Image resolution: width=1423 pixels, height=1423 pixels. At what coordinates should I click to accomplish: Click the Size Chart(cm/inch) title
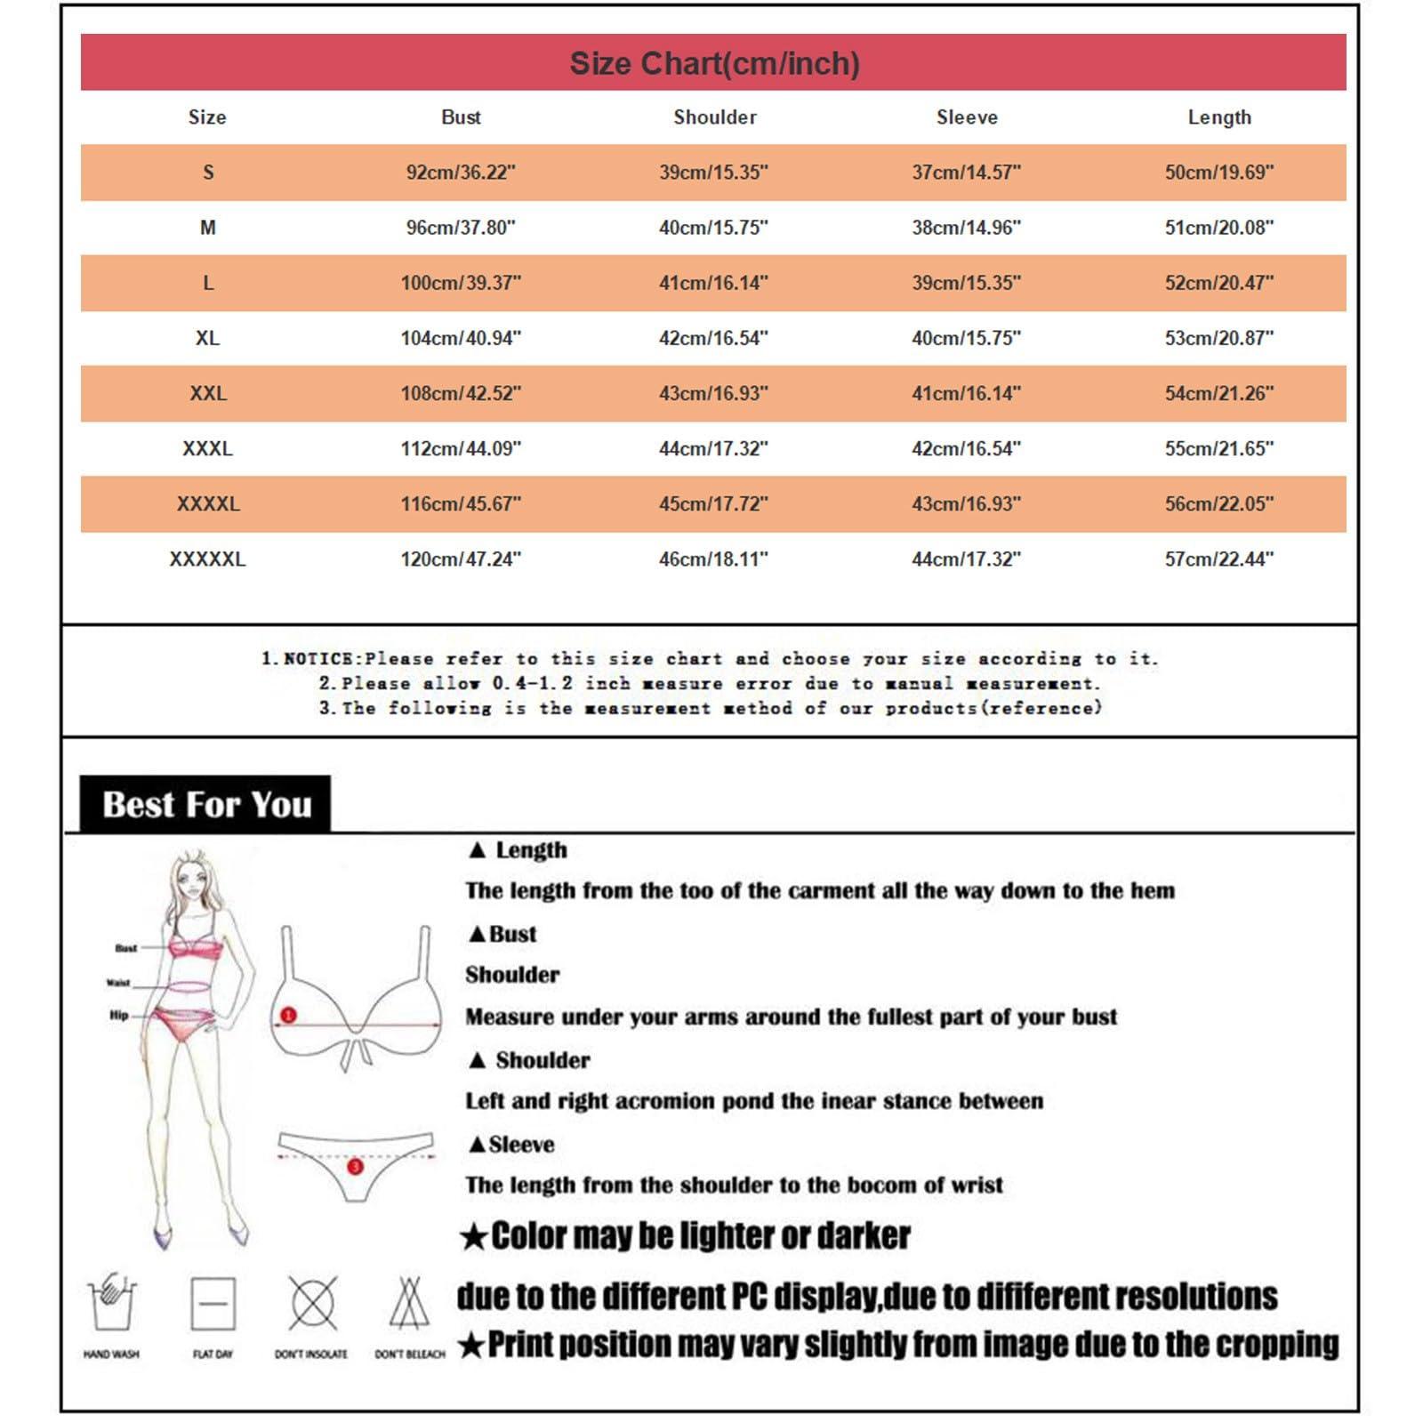714,63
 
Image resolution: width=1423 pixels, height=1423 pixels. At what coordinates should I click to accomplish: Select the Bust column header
461,117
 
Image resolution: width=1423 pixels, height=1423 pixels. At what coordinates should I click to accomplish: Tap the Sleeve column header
967,117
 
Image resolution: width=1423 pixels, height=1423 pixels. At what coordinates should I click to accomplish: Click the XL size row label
207,338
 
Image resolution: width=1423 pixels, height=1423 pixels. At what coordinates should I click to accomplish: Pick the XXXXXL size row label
207,559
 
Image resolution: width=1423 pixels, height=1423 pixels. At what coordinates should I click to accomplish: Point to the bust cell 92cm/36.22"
461,173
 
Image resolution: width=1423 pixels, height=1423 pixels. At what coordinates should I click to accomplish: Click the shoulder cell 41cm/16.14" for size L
713,283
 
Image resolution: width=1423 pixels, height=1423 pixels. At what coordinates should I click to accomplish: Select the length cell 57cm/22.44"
1218,559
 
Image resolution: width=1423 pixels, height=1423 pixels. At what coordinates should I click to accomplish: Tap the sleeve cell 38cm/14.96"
966,228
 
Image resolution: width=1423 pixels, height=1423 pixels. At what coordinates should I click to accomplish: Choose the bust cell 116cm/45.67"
461,504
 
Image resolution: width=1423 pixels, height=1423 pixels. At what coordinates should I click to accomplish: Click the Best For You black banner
205,804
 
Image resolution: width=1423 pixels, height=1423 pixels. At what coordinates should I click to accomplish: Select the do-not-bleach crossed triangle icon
408,1303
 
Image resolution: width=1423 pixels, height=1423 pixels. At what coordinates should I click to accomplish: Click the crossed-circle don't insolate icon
312,1303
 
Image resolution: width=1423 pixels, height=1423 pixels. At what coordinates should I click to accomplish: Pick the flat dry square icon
213,1304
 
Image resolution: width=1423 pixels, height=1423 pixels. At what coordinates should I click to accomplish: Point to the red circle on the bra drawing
288,1015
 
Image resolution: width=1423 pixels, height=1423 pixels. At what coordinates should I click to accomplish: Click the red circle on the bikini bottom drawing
355,1166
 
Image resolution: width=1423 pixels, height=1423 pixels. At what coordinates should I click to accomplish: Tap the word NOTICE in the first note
318,659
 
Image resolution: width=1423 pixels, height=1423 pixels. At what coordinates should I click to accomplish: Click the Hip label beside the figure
118,1015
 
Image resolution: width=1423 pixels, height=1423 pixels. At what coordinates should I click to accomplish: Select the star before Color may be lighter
474,1236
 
